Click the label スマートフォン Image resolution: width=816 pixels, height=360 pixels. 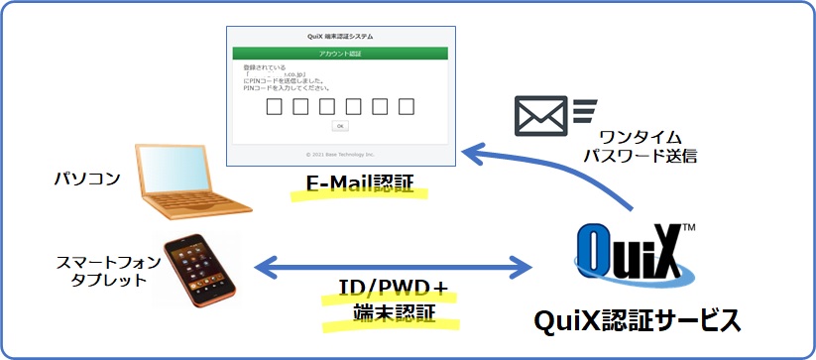(104, 262)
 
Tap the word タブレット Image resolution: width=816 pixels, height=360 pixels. (104, 281)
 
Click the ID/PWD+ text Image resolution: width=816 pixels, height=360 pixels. (387, 290)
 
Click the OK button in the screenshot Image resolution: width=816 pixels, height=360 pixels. (339, 126)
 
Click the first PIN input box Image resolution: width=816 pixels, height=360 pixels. (276, 105)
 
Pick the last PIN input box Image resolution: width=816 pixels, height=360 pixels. (406, 105)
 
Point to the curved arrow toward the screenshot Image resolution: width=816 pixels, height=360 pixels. (555, 169)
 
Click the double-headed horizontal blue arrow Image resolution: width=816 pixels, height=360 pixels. (394, 265)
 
